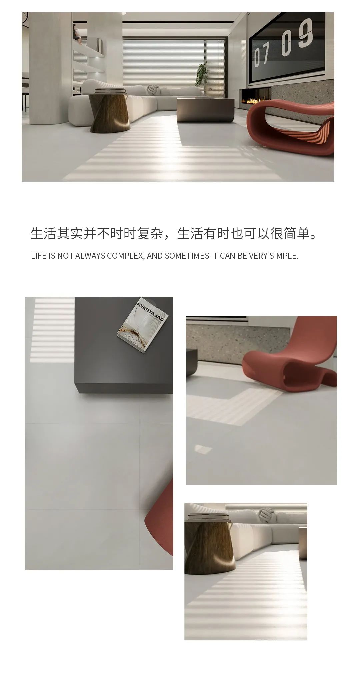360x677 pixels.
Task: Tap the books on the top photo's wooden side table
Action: [110, 91]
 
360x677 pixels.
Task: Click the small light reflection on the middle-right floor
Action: [202, 449]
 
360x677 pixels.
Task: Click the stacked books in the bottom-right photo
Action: [209, 517]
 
